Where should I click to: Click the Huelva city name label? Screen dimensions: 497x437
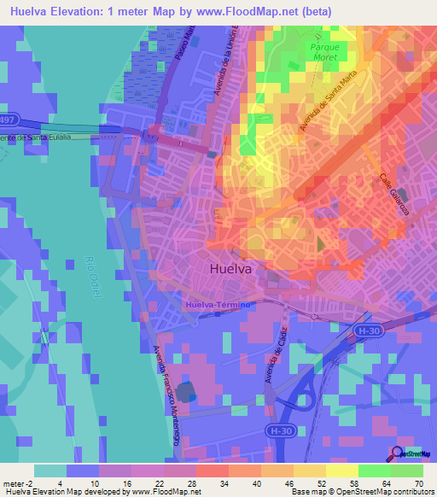click(230, 268)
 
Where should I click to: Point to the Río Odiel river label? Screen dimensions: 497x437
click(94, 272)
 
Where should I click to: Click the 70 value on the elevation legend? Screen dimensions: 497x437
click(418, 483)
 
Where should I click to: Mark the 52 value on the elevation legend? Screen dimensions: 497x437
click(321, 483)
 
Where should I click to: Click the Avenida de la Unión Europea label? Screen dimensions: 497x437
click(231, 63)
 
